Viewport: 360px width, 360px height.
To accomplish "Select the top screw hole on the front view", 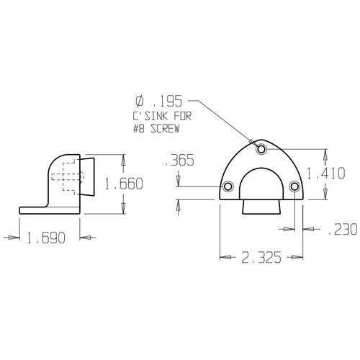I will (x=261, y=148).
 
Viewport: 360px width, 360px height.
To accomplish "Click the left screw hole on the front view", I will (x=228, y=187).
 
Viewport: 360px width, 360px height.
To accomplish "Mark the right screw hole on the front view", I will (x=294, y=187).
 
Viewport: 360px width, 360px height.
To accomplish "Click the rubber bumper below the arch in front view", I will (x=261, y=208).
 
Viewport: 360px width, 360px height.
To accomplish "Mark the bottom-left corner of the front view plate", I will (x=220, y=199).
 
